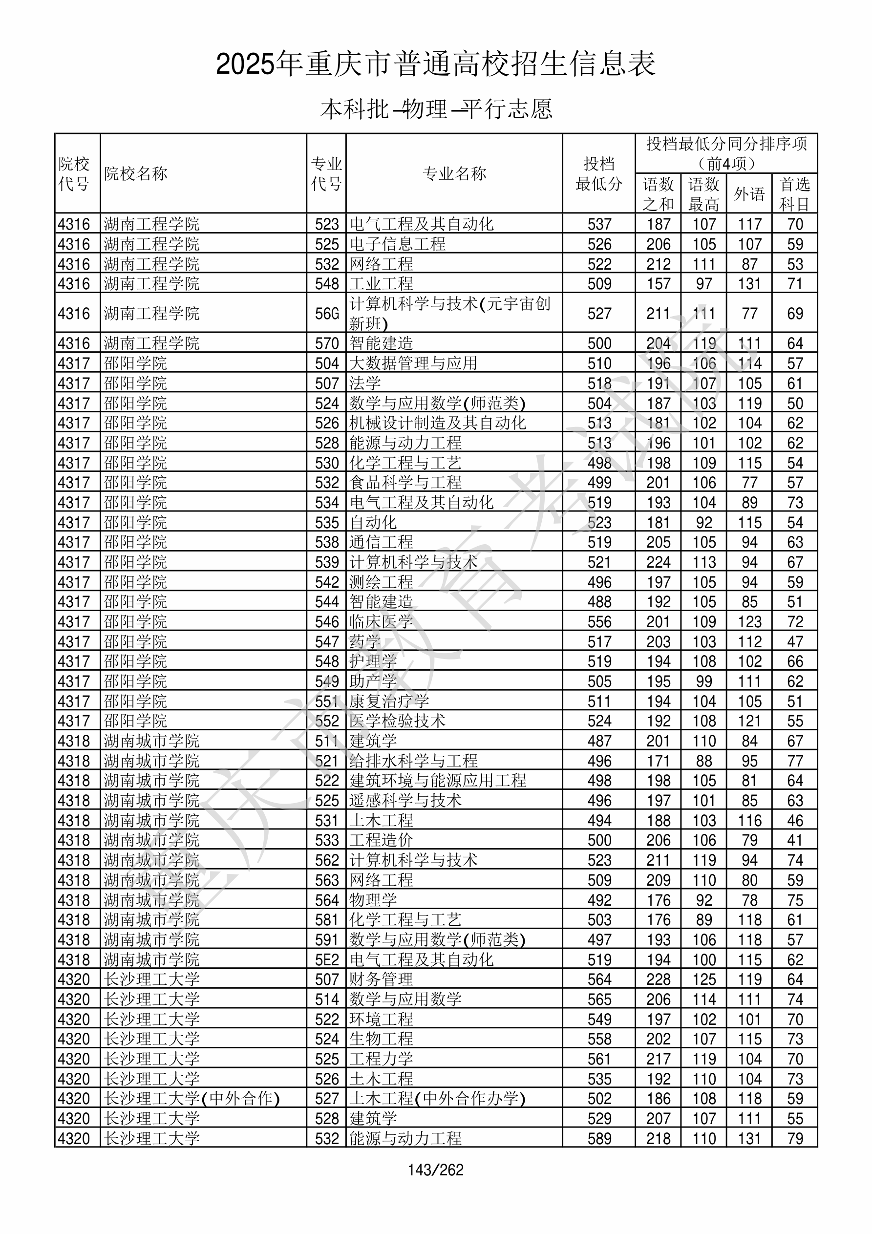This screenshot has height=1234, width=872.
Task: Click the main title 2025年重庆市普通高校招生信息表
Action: click(435, 64)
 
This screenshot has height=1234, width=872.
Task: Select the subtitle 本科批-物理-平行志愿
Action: click(435, 109)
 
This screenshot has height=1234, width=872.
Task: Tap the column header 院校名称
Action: click(136, 173)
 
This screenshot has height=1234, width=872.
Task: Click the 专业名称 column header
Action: click(454, 173)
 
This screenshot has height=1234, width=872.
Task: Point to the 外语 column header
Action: click(749, 193)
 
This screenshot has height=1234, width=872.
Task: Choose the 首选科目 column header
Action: click(795, 193)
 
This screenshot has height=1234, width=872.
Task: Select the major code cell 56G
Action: click(327, 313)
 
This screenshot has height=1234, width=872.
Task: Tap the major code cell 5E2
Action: click(327, 960)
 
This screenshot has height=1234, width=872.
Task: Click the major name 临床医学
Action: click(381, 622)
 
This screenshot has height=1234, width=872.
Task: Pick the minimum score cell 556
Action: click(599, 622)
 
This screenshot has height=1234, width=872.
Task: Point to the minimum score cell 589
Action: click(599, 1139)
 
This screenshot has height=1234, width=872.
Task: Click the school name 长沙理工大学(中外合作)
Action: click(192, 1099)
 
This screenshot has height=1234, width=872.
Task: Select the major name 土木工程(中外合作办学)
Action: click(437, 1099)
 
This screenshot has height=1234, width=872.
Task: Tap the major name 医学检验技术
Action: click(397, 721)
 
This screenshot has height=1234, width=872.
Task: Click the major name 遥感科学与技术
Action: click(405, 801)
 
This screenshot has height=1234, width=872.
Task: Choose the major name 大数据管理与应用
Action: click(413, 363)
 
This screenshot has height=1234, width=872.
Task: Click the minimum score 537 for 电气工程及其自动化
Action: click(599, 224)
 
